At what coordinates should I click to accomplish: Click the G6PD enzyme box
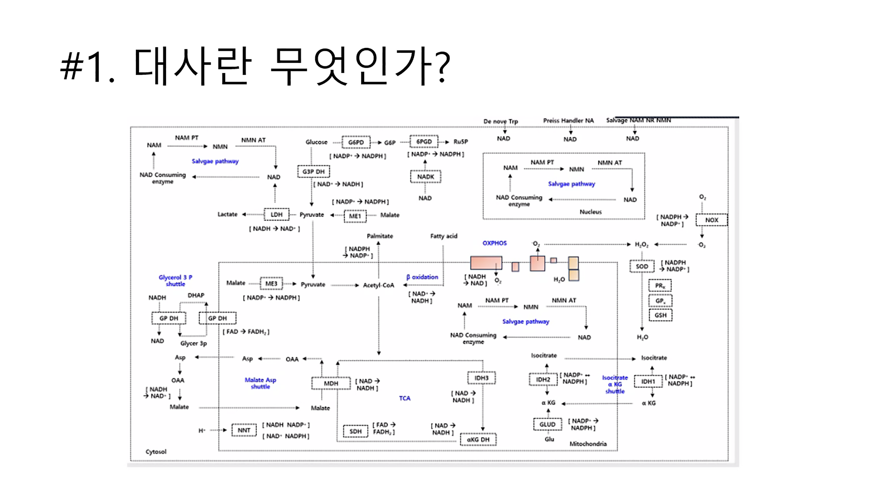pos(356,142)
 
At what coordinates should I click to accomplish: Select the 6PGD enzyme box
pos(424,142)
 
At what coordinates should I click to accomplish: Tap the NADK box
pos(425,177)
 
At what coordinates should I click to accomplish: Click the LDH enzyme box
pos(276,215)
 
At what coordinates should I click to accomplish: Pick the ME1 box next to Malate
pos(355,216)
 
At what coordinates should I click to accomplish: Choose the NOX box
pos(711,220)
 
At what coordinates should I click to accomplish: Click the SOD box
pos(642,266)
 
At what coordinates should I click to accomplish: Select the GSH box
pos(660,315)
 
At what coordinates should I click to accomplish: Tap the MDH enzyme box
pos(331,383)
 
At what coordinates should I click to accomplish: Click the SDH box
pos(355,431)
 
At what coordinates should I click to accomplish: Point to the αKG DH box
pos(478,439)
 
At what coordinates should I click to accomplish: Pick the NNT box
pos(244,430)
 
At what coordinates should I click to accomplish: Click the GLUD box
pos(547,424)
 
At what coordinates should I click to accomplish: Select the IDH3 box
pos(481,378)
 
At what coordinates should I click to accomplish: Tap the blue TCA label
pos(405,398)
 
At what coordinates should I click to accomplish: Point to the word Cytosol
pos(156,452)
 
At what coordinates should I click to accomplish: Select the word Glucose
pos(316,142)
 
